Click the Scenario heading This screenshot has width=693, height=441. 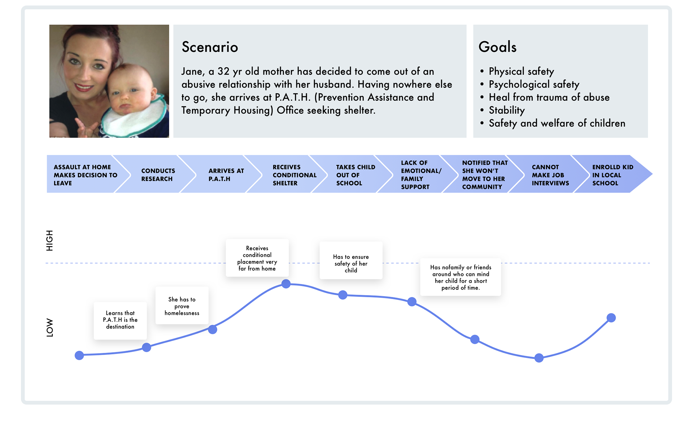pos(210,47)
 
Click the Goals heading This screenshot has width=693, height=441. pos(497,47)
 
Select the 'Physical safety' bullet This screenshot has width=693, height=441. pos(521,72)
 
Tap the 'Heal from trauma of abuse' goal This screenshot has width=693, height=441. pos(549,98)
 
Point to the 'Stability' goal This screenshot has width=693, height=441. pos(507,111)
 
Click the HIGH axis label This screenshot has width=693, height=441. pos(49,240)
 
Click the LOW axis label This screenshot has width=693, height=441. pos(49,328)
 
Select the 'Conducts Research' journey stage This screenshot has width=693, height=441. pos(158,175)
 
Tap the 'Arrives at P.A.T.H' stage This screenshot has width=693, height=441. pos(226,175)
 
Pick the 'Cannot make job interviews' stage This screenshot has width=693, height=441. pos(550,175)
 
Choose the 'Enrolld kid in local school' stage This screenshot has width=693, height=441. pos(613,175)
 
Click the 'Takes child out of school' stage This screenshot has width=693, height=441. pos(356,175)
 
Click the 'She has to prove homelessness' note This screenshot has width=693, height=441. pos(182,306)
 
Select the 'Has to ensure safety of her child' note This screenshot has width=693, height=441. pos(351,260)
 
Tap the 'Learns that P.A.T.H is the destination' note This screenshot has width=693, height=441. pos(120,321)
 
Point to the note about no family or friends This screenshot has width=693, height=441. pos(461,277)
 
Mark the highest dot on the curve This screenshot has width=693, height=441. pos(286,284)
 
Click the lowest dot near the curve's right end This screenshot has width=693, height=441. pos(539,358)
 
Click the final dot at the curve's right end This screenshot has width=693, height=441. pos(611,318)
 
